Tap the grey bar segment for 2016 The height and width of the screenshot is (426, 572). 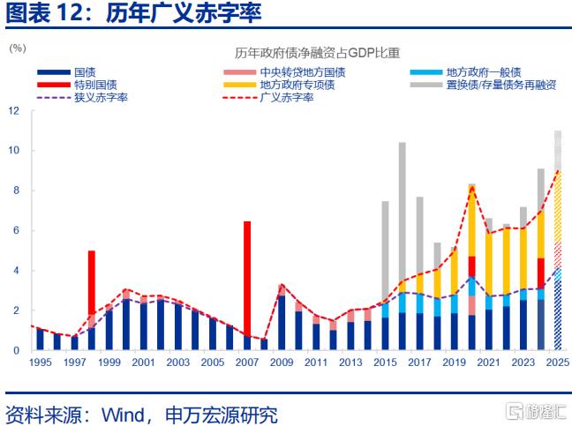pyautogui.click(x=403, y=212)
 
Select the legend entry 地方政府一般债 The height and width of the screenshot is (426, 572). pyautogui.click(x=483, y=72)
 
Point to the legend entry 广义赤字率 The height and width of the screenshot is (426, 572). pyautogui.click(x=287, y=97)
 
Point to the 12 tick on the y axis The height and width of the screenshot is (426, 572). pyautogui.click(x=13, y=111)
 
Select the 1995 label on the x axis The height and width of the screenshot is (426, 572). pyautogui.click(x=40, y=362)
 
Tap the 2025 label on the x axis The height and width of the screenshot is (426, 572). pyautogui.click(x=557, y=362)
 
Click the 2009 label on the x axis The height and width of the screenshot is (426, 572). pyautogui.click(x=282, y=362)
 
